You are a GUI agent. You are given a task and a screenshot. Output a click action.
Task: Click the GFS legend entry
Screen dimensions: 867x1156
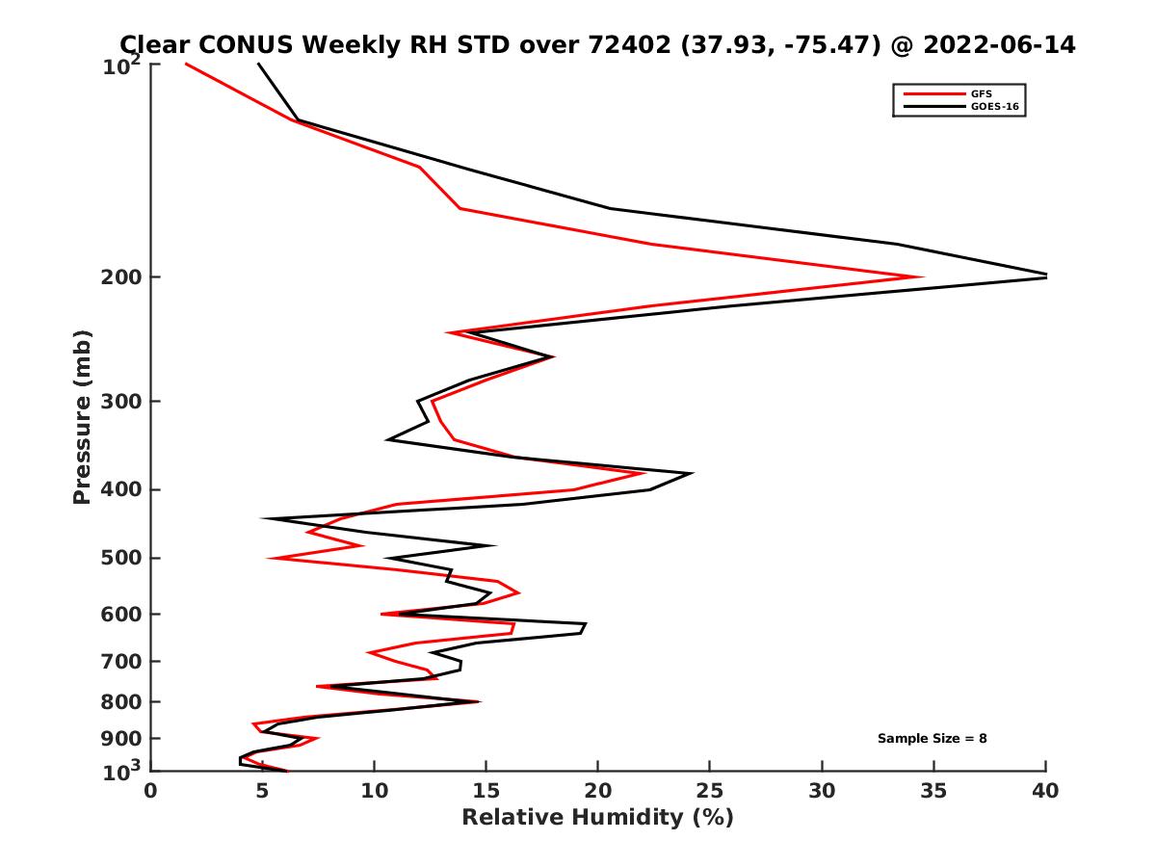tap(982, 93)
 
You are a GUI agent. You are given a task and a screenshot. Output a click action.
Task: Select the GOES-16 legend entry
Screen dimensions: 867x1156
tap(995, 107)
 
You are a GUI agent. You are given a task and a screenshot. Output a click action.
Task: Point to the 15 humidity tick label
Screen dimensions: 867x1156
tap(486, 791)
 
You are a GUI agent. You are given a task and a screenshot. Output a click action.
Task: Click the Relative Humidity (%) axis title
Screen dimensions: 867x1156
tap(597, 818)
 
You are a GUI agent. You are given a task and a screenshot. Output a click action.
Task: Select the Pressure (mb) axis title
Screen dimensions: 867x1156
tap(82, 416)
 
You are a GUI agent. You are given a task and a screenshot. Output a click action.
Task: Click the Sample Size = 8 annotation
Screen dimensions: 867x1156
tap(932, 739)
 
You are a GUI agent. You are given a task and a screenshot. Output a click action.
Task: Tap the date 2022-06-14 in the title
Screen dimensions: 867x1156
tap(997, 44)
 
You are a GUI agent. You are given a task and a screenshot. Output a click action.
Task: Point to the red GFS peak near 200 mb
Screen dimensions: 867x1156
tap(922, 277)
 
